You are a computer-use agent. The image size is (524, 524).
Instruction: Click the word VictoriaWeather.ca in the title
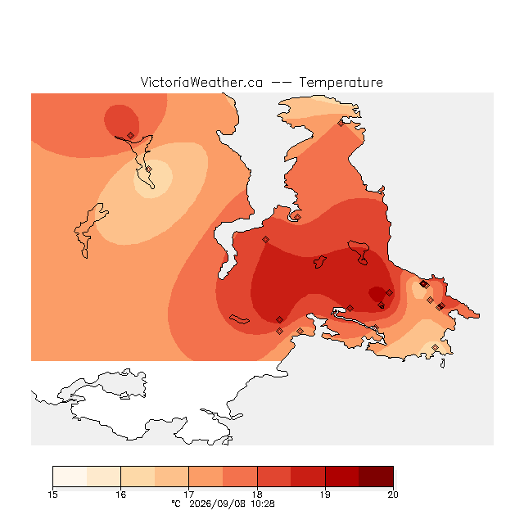click(201, 82)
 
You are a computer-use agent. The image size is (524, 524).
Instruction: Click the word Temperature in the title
click(341, 82)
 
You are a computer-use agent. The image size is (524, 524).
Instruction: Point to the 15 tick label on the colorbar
click(52, 495)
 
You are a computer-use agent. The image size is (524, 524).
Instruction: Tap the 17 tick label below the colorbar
click(189, 495)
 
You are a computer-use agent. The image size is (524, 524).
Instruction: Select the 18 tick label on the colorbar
click(257, 495)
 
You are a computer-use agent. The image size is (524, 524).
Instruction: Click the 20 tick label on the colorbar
click(393, 495)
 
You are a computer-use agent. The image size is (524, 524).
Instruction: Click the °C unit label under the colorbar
click(176, 504)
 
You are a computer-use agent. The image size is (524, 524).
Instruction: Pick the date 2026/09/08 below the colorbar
click(218, 504)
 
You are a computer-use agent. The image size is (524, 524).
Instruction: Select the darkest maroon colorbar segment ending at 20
click(376, 477)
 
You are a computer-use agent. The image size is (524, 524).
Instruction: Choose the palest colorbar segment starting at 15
click(70, 477)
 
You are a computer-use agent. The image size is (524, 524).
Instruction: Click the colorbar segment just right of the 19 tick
click(342, 477)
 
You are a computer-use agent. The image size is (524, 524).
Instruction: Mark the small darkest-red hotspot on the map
click(377, 293)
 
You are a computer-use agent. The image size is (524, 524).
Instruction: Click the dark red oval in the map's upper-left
click(121, 121)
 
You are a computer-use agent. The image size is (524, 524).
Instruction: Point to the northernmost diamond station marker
click(341, 124)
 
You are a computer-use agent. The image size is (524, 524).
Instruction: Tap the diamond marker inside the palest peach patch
click(149, 169)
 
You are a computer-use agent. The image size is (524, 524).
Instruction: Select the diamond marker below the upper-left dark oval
click(131, 135)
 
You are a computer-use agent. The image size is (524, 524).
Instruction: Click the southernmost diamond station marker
click(435, 347)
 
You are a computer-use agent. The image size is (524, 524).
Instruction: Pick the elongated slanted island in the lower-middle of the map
click(239, 319)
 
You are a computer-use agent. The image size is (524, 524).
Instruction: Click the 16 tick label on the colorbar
click(120, 495)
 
